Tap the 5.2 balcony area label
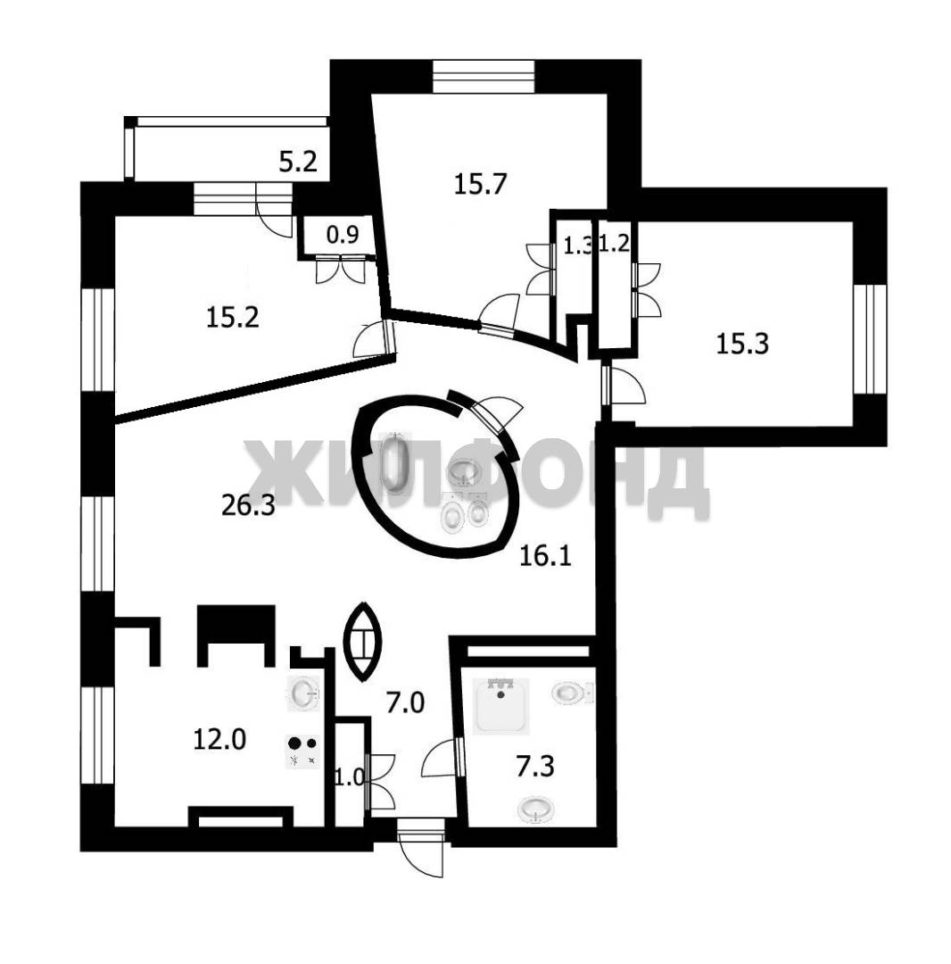(x=298, y=162)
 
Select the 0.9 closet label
(x=343, y=234)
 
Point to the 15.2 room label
(x=232, y=317)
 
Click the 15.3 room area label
(x=742, y=344)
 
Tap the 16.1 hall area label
(x=546, y=556)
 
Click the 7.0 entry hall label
(x=405, y=702)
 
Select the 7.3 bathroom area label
(x=535, y=767)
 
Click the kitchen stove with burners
(x=303, y=752)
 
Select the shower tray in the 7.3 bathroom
(x=502, y=706)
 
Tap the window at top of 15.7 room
(x=484, y=76)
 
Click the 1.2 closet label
(x=615, y=244)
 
